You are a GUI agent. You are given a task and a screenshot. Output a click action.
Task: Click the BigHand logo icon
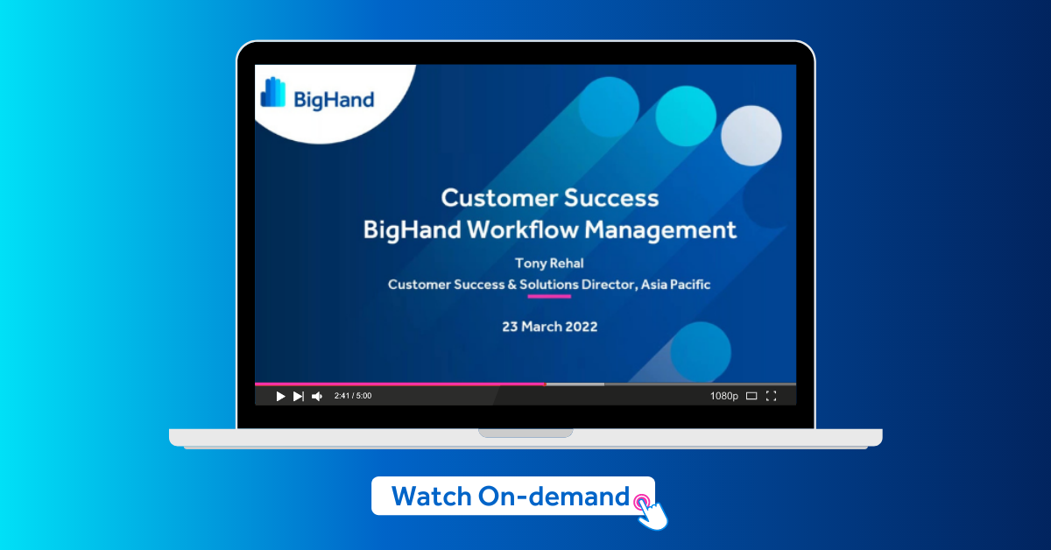click(x=273, y=92)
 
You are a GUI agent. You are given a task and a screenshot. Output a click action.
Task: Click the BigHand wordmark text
click(x=334, y=99)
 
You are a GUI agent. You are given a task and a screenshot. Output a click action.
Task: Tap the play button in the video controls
click(x=280, y=396)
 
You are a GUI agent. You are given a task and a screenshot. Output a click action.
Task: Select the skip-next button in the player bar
click(x=299, y=396)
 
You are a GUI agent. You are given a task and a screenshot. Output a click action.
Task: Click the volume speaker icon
click(x=317, y=396)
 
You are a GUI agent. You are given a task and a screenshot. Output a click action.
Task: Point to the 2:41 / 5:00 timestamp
click(x=353, y=396)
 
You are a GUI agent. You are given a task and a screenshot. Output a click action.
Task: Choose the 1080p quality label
click(x=723, y=396)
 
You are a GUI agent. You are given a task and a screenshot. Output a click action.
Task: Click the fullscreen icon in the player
click(x=771, y=396)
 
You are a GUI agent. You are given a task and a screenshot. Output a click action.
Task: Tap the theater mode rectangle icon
click(x=751, y=396)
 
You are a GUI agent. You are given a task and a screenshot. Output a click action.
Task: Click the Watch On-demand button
click(x=511, y=497)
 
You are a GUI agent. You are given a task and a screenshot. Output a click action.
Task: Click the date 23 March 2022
click(x=549, y=326)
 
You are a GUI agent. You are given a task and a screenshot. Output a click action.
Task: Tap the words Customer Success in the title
click(x=549, y=197)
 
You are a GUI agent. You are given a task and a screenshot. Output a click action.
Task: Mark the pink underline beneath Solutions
click(x=548, y=296)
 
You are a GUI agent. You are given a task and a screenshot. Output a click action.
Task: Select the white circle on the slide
click(x=751, y=135)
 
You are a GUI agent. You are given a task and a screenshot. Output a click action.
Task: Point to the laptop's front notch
click(x=525, y=433)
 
